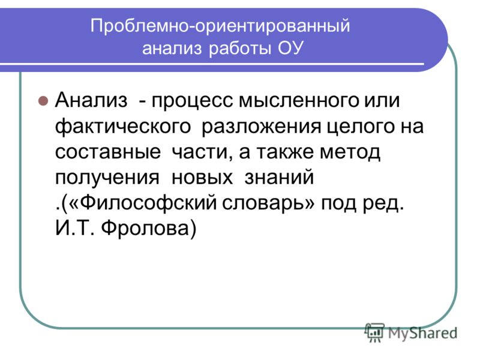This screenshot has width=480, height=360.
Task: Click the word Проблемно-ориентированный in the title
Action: (x=220, y=27)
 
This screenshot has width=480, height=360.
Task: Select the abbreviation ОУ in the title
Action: (x=290, y=49)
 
